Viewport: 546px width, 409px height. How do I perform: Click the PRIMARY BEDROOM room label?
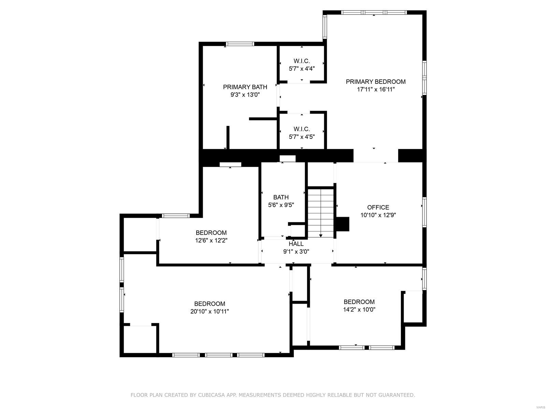click(375, 82)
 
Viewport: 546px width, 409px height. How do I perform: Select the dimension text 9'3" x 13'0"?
click(245, 95)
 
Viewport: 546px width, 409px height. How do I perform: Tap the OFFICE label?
click(378, 207)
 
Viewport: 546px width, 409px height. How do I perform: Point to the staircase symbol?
click(321, 213)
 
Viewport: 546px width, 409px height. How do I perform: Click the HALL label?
click(296, 244)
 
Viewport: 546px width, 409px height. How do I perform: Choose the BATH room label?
click(281, 197)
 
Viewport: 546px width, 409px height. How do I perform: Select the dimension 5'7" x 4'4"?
click(302, 69)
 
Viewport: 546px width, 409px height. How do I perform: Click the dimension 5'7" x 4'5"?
click(302, 137)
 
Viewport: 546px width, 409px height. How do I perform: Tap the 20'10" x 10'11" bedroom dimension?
click(210, 311)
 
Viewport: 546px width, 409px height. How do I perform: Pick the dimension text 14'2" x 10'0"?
click(359, 309)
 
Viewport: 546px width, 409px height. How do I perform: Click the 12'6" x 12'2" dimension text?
click(211, 240)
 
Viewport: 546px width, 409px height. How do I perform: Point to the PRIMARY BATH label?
click(245, 87)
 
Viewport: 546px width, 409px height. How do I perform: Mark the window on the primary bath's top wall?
click(240, 44)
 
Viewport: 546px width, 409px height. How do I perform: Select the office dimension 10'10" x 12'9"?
click(378, 215)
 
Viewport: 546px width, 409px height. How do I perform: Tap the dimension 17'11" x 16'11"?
click(375, 90)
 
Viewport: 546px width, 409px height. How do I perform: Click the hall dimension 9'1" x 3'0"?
click(296, 252)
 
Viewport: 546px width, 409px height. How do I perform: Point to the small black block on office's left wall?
click(343, 224)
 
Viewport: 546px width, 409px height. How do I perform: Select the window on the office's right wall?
click(424, 212)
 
